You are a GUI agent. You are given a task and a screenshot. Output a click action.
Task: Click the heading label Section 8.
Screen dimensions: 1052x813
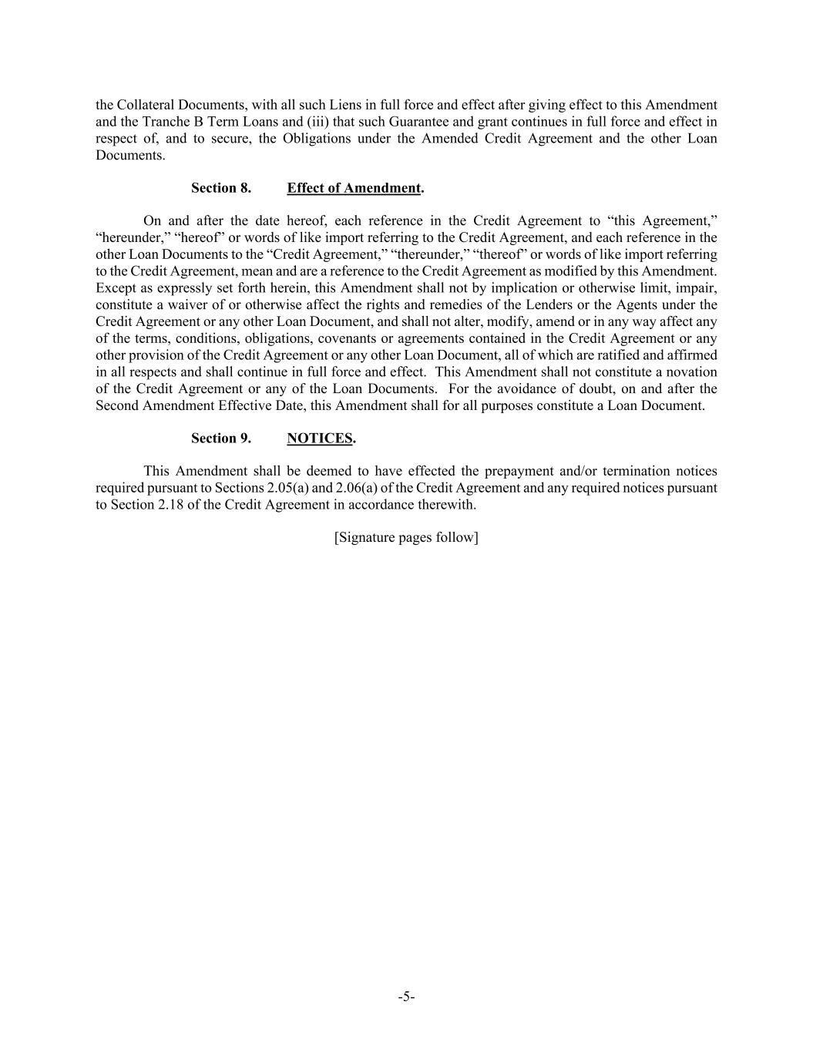(x=221, y=188)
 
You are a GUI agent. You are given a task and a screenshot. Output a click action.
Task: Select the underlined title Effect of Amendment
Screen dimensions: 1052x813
(x=354, y=188)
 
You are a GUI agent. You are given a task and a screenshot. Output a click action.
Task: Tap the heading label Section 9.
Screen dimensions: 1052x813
(x=221, y=439)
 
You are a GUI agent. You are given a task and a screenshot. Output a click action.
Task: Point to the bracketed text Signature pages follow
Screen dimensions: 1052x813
(x=406, y=537)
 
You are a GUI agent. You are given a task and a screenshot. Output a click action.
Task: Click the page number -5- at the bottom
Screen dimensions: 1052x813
(x=406, y=997)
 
